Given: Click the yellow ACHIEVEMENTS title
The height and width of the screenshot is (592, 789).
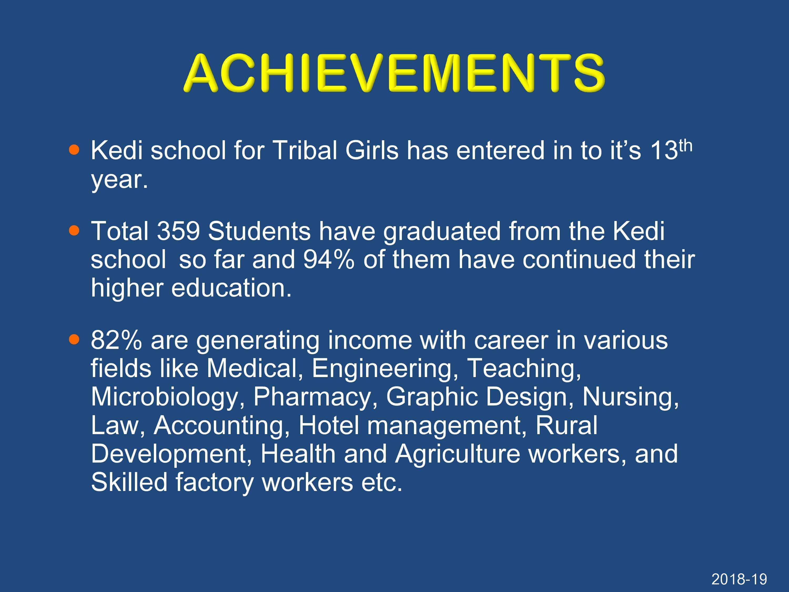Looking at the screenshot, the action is (x=394, y=73).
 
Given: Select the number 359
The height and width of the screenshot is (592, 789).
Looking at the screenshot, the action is (x=178, y=231).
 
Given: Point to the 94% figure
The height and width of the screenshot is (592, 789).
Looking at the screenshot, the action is (x=328, y=259).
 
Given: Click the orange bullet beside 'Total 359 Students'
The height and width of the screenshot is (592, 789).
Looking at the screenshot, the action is (x=74, y=230).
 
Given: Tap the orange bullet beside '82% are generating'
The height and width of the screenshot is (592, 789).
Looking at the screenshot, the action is (x=74, y=340).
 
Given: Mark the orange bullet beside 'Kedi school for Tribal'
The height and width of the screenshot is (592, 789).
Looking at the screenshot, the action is (x=74, y=149).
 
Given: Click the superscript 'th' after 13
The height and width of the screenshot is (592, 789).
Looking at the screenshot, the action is (x=685, y=146).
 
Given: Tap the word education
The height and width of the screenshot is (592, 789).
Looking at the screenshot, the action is (x=231, y=288).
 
